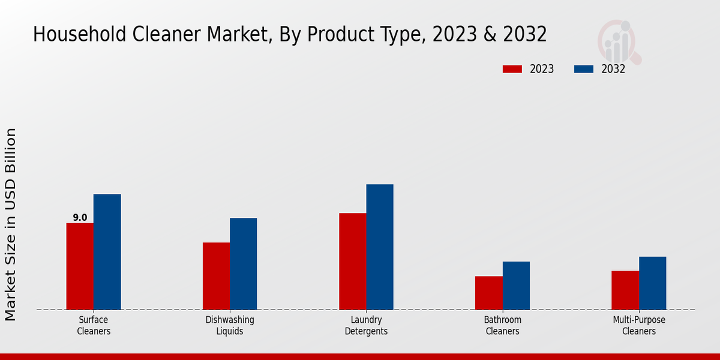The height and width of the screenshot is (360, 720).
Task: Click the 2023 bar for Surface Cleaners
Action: click(x=80, y=266)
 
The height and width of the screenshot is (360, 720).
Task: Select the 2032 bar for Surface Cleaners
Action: click(x=107, y=252)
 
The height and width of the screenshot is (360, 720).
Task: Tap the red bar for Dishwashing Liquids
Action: click(x=216, y=276)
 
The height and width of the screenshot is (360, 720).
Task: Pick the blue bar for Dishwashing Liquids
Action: click(x=243, y=264)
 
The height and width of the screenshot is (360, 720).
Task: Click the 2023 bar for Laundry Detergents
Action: click(x=352, y=262)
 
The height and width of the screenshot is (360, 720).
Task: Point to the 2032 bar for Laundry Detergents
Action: click(x=380, y=247)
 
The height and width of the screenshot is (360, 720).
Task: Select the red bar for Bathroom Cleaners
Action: click(x=488, y=293)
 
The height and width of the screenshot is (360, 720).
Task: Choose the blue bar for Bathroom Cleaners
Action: click(x=516, y=286)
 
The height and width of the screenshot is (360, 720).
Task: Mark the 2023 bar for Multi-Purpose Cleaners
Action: click(x=625, y=290)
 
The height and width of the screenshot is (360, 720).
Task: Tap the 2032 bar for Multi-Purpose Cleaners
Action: click(x=652, y=283)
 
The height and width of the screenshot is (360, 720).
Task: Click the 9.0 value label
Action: click(x=80, y=218)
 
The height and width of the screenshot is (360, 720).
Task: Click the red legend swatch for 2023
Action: click(x=512, y=69)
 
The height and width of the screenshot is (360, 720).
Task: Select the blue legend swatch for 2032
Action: click(x=583, y=69)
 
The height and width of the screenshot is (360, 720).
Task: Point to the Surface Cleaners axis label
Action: click(x=94, y=325)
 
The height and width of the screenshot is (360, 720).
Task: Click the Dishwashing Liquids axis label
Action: click(x=230, y=325)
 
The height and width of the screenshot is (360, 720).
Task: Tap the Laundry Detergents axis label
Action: click(x=366, y=325)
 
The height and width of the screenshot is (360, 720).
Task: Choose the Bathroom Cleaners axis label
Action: click(x=502, y=325)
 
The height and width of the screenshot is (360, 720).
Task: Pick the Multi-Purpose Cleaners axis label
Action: click(x=638, y=325)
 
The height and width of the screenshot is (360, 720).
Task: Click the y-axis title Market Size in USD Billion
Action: click(x=11, y=224)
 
